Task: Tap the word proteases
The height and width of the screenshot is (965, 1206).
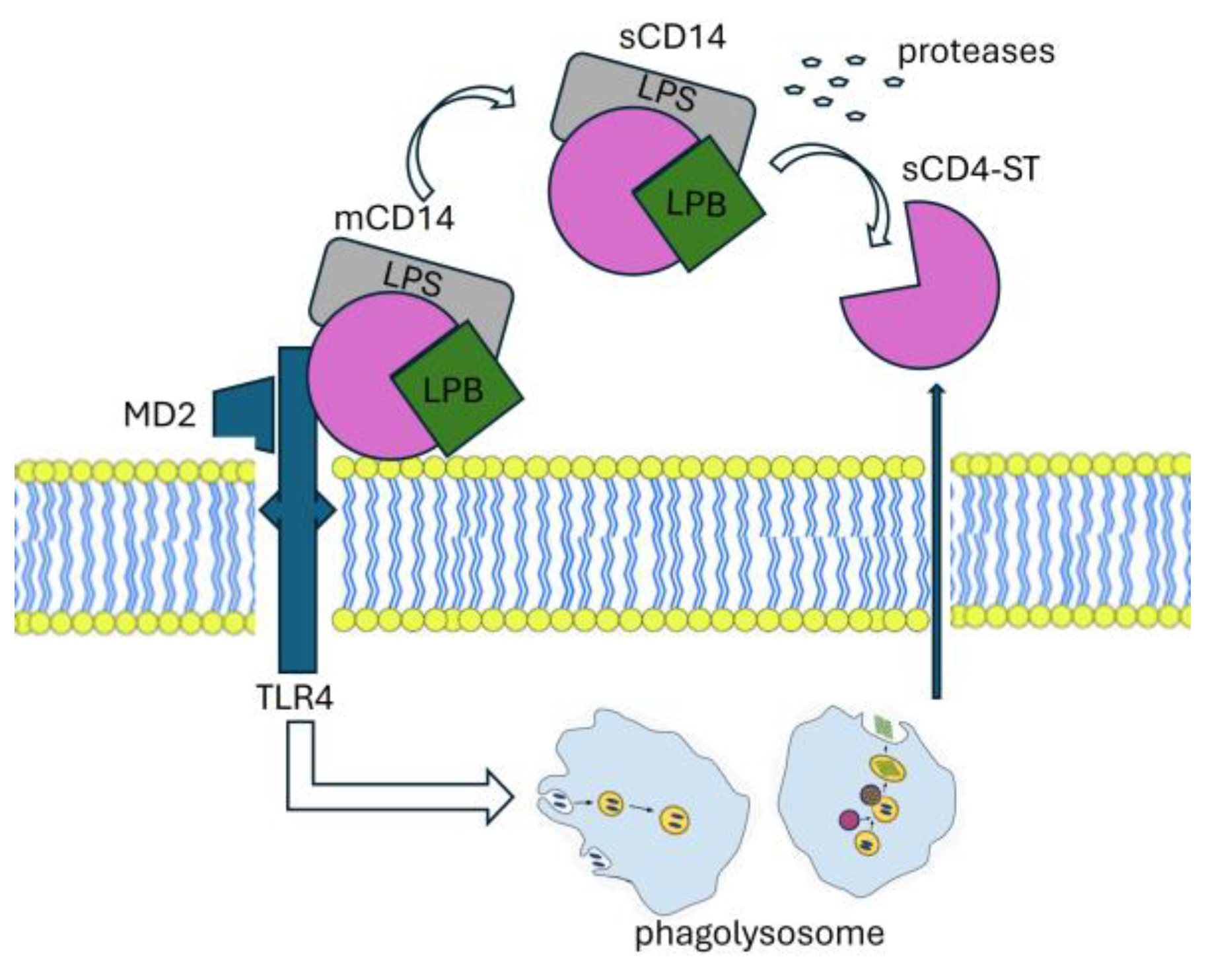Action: tap(975, 52)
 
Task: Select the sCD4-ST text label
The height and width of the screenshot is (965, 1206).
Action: tap(970, 170)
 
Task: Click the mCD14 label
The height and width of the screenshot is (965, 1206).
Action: tap(394, 218)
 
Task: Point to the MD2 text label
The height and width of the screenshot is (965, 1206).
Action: tap(160, 415)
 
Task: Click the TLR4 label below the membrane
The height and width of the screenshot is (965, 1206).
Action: tap(295, 697)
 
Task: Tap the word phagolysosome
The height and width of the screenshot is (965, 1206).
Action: tap(759, 933)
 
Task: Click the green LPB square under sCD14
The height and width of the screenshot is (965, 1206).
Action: tap(697, 203)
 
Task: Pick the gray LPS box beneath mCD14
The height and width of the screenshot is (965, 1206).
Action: tap(413, 277)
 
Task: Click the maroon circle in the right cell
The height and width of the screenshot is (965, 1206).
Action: tap(848, 820)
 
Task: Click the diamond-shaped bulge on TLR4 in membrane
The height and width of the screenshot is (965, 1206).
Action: tap(297, 511)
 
